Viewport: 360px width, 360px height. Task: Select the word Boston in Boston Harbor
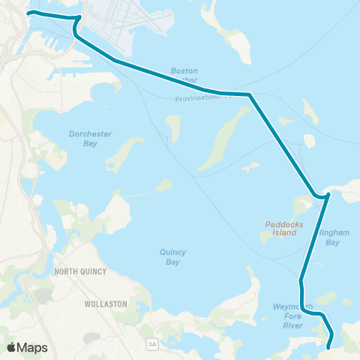pos(184,70)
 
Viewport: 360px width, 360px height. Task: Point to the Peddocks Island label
pos(282,228)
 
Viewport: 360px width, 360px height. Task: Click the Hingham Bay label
pos(334,238)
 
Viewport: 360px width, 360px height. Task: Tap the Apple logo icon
pos(11,347)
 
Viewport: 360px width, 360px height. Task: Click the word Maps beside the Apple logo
pos(33,347)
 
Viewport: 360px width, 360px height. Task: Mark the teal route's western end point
pos(28,13)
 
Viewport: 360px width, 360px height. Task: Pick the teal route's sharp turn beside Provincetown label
pos(250,95)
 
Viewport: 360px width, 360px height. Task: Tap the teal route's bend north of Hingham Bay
pos(327,196)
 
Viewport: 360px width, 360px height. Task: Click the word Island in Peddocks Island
pos(282,232)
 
